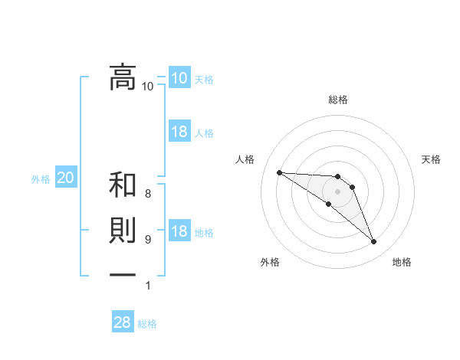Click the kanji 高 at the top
pos(123,77)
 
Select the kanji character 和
pos(123,185)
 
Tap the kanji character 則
pos(123,233)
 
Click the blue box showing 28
pos(123,322)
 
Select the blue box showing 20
pos(66,178)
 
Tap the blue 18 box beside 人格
pos(179,132)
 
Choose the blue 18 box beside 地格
pos(179,232)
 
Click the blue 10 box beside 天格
pos(179,78)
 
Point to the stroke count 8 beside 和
pos(148,194)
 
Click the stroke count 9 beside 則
pos(148,240)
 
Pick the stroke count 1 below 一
pos(148,286)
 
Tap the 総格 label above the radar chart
pos(338,100)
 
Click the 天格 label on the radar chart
pos(432,159)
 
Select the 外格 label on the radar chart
pos(270,262)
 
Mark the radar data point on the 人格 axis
pos(279,172)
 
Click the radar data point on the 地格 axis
pos(374,242)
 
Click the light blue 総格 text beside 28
pos(147,324)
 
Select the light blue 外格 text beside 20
pos(41,179)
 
